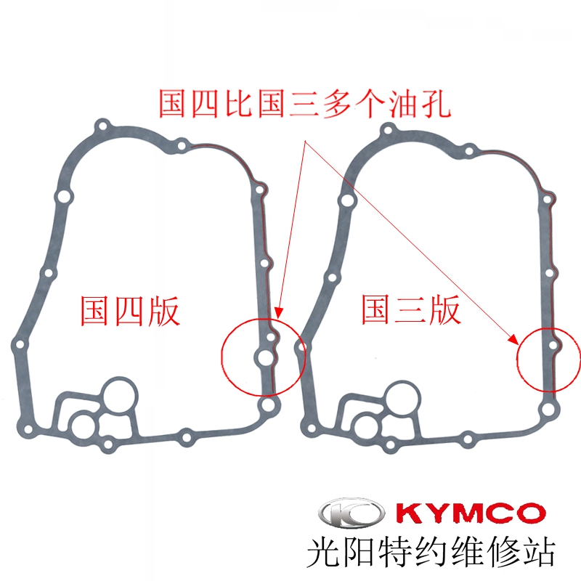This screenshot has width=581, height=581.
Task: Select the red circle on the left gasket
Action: (263, 356)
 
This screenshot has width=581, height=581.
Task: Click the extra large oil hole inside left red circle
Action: (264, 357)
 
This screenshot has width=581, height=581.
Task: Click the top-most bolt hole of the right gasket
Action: (387, 130)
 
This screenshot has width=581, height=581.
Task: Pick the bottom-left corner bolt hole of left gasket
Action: (27, 433)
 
